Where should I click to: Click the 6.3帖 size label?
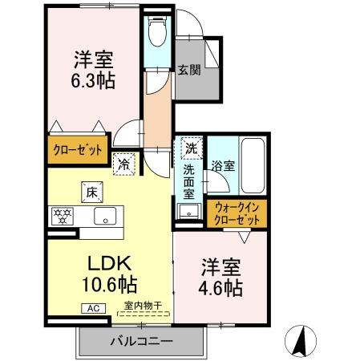[x=94, y=81]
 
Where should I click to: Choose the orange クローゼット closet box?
[x=78, y=149]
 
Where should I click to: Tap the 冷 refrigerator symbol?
[x=124, y=162]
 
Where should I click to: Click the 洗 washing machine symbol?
[x=192, y=148]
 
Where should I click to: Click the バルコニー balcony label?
[x=141, y=343]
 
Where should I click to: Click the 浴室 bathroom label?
[x=223, y=167]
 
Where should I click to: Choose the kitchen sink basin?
[x=106, y=215]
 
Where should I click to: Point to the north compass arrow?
[x=301, y=341]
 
